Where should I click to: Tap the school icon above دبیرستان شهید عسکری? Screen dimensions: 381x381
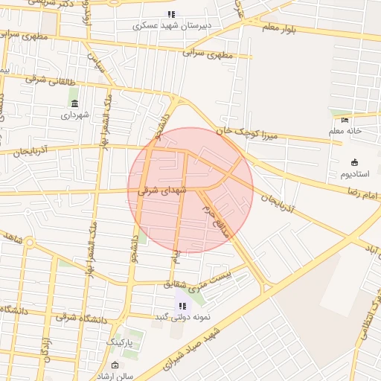point(172,14)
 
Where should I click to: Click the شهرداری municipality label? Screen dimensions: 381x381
point(74,115)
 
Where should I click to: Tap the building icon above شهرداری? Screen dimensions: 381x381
point(74,103)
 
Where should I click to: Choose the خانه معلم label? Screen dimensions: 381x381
point(347,131)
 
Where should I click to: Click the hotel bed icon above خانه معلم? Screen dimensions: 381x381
point(344,121)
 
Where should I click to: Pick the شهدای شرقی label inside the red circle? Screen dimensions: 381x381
point(159,190)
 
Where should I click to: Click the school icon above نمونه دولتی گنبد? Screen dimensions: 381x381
point(182,306)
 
